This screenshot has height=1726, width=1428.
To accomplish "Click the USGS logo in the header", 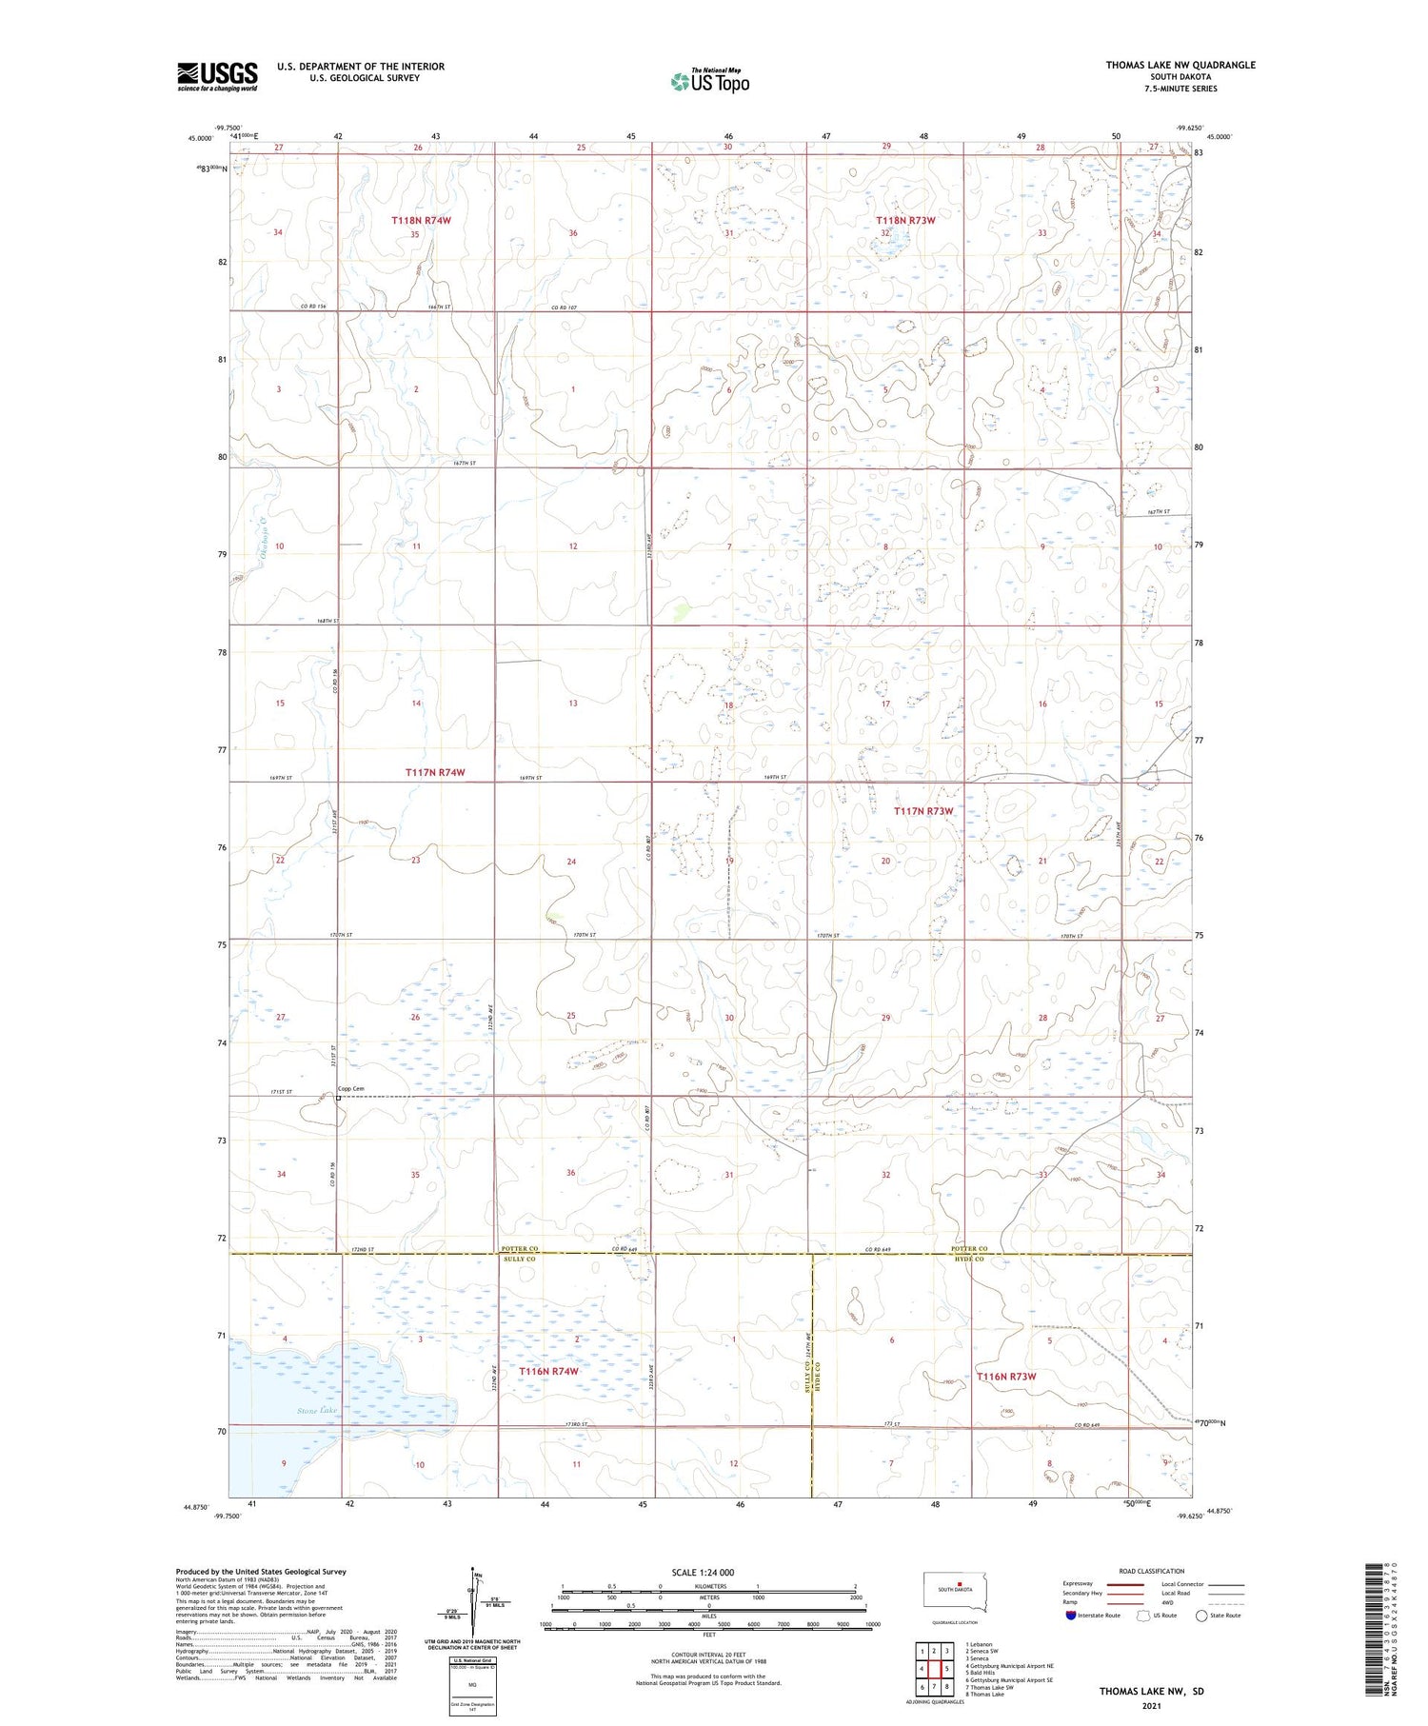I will pos(217,75).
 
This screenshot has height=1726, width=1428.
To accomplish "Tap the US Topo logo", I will pos(709,81).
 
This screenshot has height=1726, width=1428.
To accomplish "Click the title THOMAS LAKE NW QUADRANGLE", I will pos(1180,65).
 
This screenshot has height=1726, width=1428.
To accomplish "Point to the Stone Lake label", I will pos(316,1410).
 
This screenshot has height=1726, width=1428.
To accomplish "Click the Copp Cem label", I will pos(352,1088).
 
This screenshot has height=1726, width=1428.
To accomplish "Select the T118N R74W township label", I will pos(421,220).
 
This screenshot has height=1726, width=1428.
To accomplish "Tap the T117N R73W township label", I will pos(922,811).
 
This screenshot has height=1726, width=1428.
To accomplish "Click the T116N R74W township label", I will pos(548,1371).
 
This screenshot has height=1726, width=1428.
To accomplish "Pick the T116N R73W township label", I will pos(1005,1377).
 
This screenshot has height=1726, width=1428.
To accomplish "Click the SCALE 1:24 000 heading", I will pos(703,1572).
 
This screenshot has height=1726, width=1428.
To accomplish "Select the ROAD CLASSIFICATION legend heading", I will pos(1152,1571).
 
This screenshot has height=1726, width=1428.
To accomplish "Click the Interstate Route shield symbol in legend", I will pos(1071,1615).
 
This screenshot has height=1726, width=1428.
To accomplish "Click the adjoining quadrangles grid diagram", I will pos(935,1668).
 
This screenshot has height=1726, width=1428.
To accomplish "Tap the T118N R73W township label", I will pos(905,220).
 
